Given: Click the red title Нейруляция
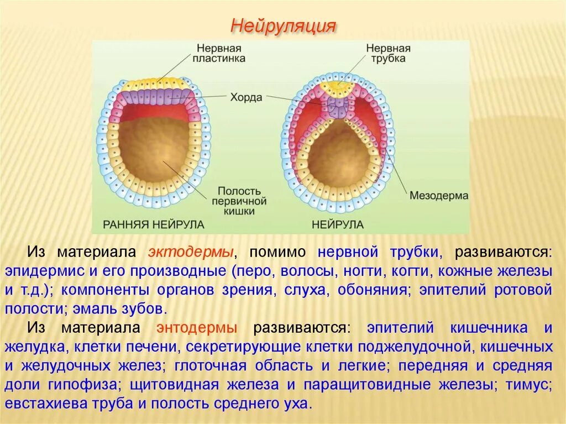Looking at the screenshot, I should point(283,25).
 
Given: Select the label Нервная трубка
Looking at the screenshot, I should point(388,54).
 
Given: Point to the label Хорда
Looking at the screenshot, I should point(247,97).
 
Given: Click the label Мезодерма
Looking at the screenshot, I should point(439,196).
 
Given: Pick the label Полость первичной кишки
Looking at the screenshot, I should point(239,200).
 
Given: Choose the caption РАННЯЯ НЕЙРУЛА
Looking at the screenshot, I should point(154,224).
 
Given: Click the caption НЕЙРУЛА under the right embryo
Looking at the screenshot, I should point(337,224).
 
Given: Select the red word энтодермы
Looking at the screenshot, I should point(197,327).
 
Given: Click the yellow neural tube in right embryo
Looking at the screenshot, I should point(337,87).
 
